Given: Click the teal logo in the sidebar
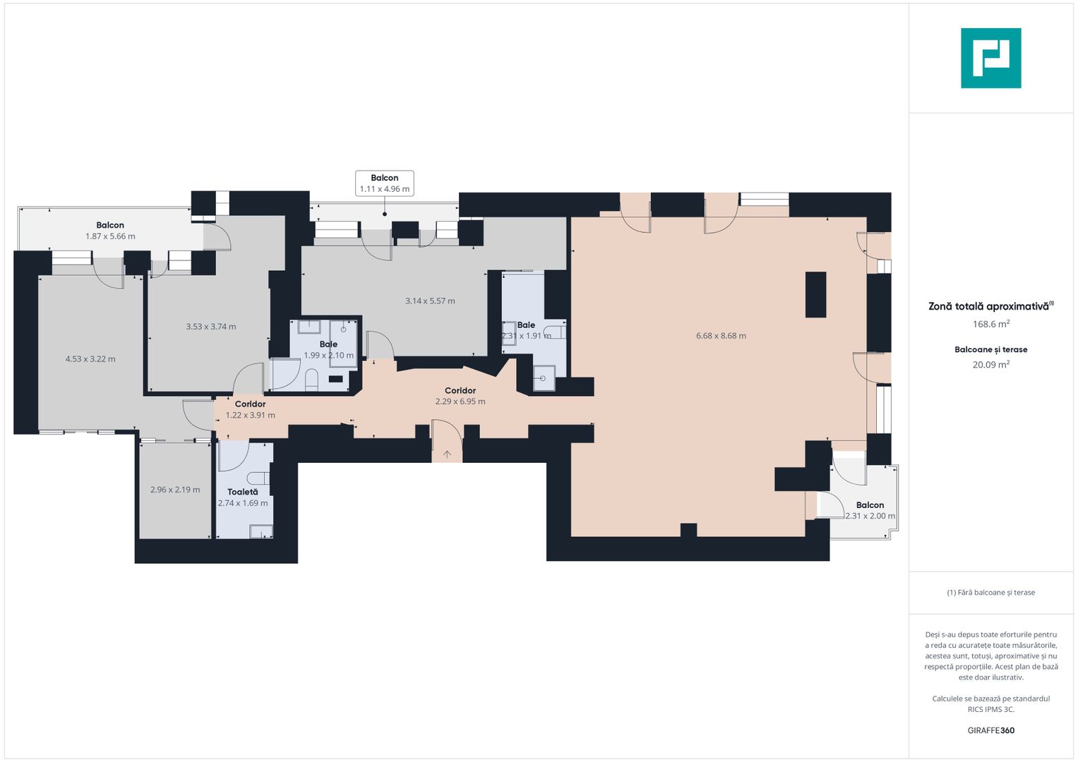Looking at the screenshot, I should point(990,58).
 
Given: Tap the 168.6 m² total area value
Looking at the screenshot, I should point(990,324).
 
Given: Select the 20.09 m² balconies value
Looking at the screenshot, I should point(990,365).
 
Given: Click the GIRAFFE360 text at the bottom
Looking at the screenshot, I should point(990,730).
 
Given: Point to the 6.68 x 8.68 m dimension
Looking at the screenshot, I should point(721,336).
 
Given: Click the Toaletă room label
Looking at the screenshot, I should point(242,492).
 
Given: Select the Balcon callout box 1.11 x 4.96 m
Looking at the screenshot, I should point(384,183).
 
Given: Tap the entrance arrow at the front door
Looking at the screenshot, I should point(447,454).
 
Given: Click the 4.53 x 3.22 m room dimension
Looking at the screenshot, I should point(90,359).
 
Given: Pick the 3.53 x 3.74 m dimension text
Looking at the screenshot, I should point(211,327).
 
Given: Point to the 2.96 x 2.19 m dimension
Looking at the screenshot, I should point(175,490).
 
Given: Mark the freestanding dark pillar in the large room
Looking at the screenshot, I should point(815,294).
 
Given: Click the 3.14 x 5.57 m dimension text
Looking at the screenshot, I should point(430,301).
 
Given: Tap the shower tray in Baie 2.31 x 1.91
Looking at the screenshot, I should point(544,377).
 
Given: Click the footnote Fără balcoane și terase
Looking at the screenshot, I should point(990,593).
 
